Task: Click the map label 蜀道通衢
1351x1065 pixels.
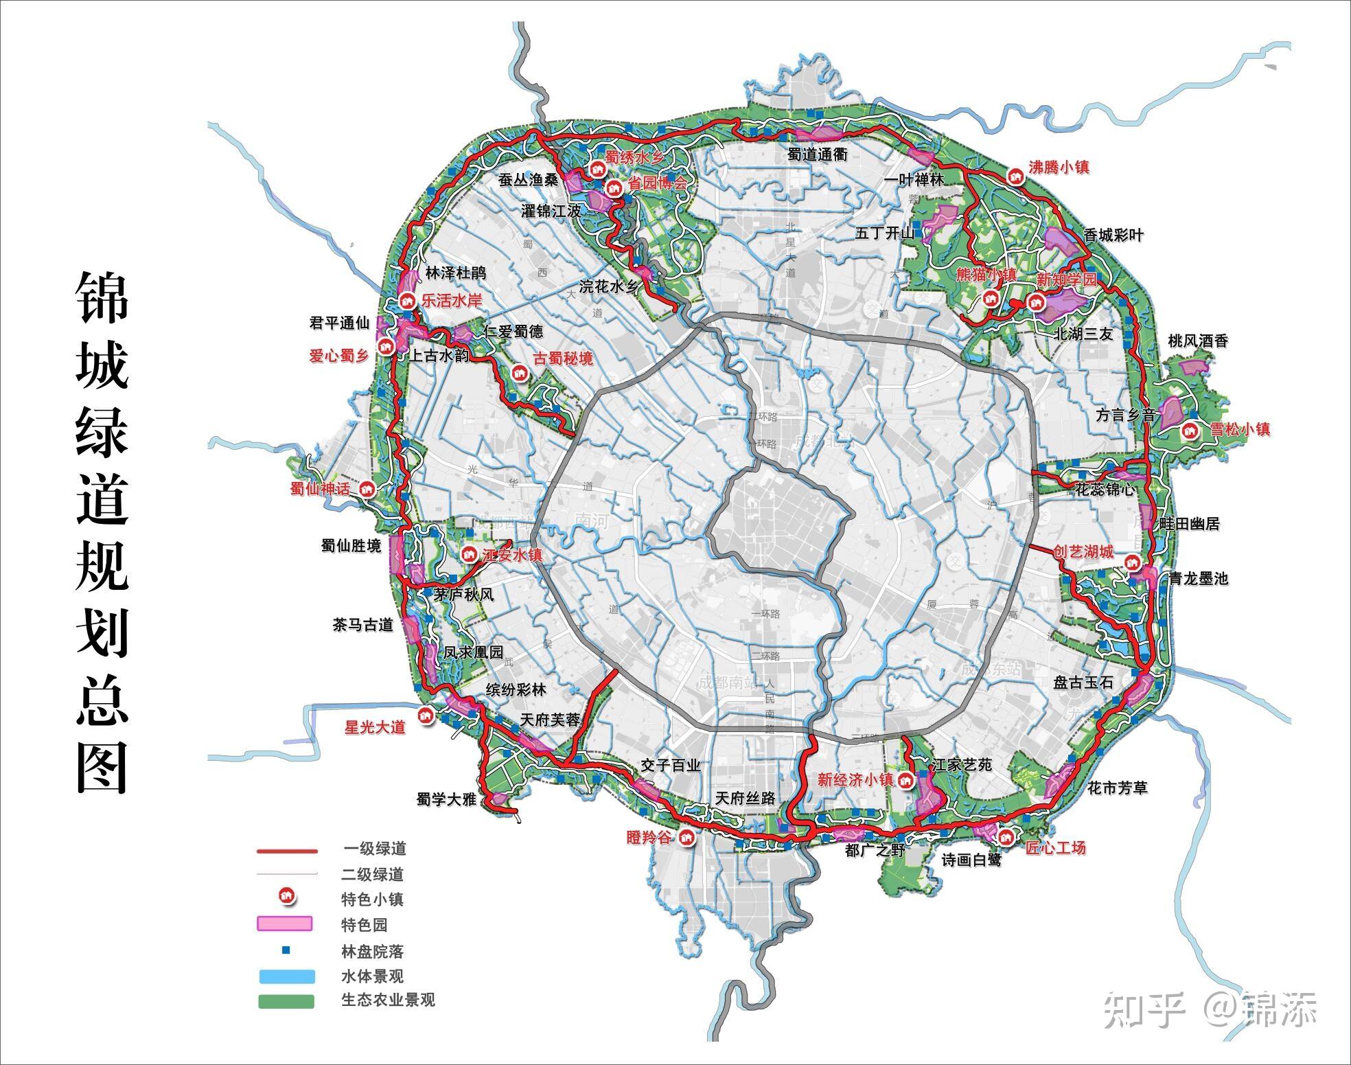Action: (818, 155)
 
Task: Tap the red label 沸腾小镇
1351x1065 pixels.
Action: (1058, 168)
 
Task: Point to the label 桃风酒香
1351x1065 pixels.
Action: (1198, 341)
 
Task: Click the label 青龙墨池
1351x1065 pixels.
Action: (1199, 578)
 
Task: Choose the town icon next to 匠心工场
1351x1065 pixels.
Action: (1006, 836)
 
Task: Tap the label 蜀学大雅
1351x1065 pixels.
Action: (446, 799)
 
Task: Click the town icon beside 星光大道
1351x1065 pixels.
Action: (426, 715)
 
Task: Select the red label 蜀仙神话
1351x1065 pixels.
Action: (320, 490)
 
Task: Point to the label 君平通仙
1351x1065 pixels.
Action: (340, 323)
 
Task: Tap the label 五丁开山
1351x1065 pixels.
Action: (886, 233)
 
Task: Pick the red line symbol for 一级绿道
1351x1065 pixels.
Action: (287, 851)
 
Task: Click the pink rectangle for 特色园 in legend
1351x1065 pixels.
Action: (285, 924)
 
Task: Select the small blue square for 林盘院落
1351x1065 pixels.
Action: (286, 951)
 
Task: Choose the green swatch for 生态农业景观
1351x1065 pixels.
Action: (286, 1002)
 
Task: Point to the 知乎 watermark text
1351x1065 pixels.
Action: (1144, 1010)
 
